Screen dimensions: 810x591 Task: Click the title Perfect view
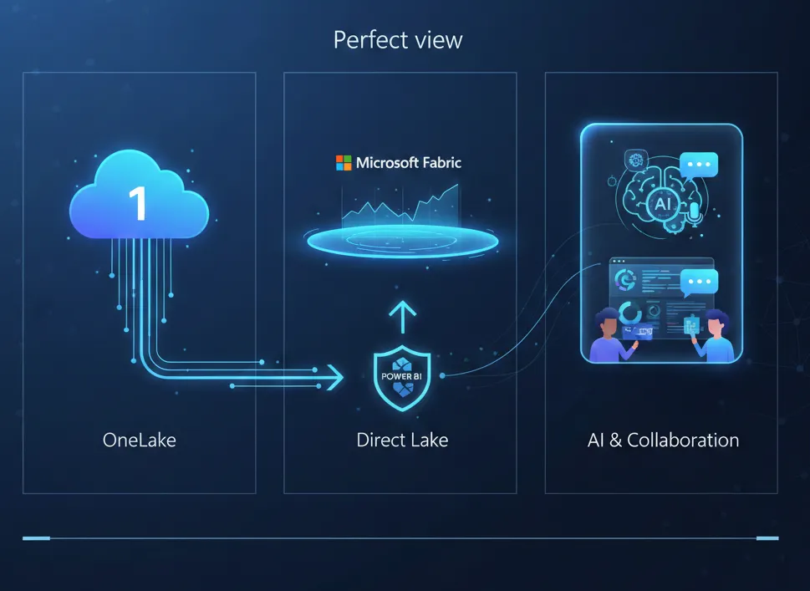[398, 40]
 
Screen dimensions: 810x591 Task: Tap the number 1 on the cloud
[139, 203]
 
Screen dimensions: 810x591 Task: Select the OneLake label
[139, 441]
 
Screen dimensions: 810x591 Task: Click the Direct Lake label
[402, 441]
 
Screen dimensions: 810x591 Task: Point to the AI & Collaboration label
[663, 441]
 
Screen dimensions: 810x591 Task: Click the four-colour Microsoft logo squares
[344, 163]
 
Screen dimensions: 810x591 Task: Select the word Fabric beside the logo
[441, 163]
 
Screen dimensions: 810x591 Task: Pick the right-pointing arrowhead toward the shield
[336, 377]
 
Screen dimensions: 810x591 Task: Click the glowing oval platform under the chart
[402, 242]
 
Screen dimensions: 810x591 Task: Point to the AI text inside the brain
[662, 203]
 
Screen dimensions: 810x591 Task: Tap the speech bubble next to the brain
[699, 166]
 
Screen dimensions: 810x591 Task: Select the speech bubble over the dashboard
[699, 283]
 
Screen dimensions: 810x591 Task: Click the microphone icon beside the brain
[695, 213]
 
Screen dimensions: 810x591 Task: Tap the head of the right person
[716, 323]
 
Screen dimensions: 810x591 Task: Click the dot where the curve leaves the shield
[442, 375]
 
